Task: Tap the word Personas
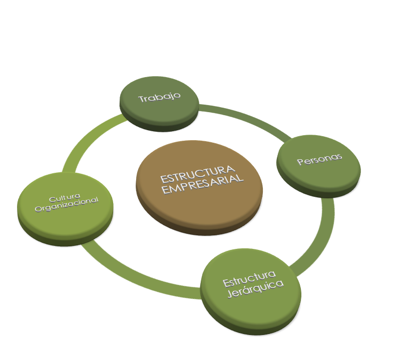(x=319, y=159)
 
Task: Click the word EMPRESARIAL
(x=203, y=185)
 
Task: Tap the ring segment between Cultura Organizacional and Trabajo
(x=85, y=145)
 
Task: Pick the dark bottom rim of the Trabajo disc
(x=159, y=125)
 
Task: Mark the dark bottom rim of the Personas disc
(x=320, y=193)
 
